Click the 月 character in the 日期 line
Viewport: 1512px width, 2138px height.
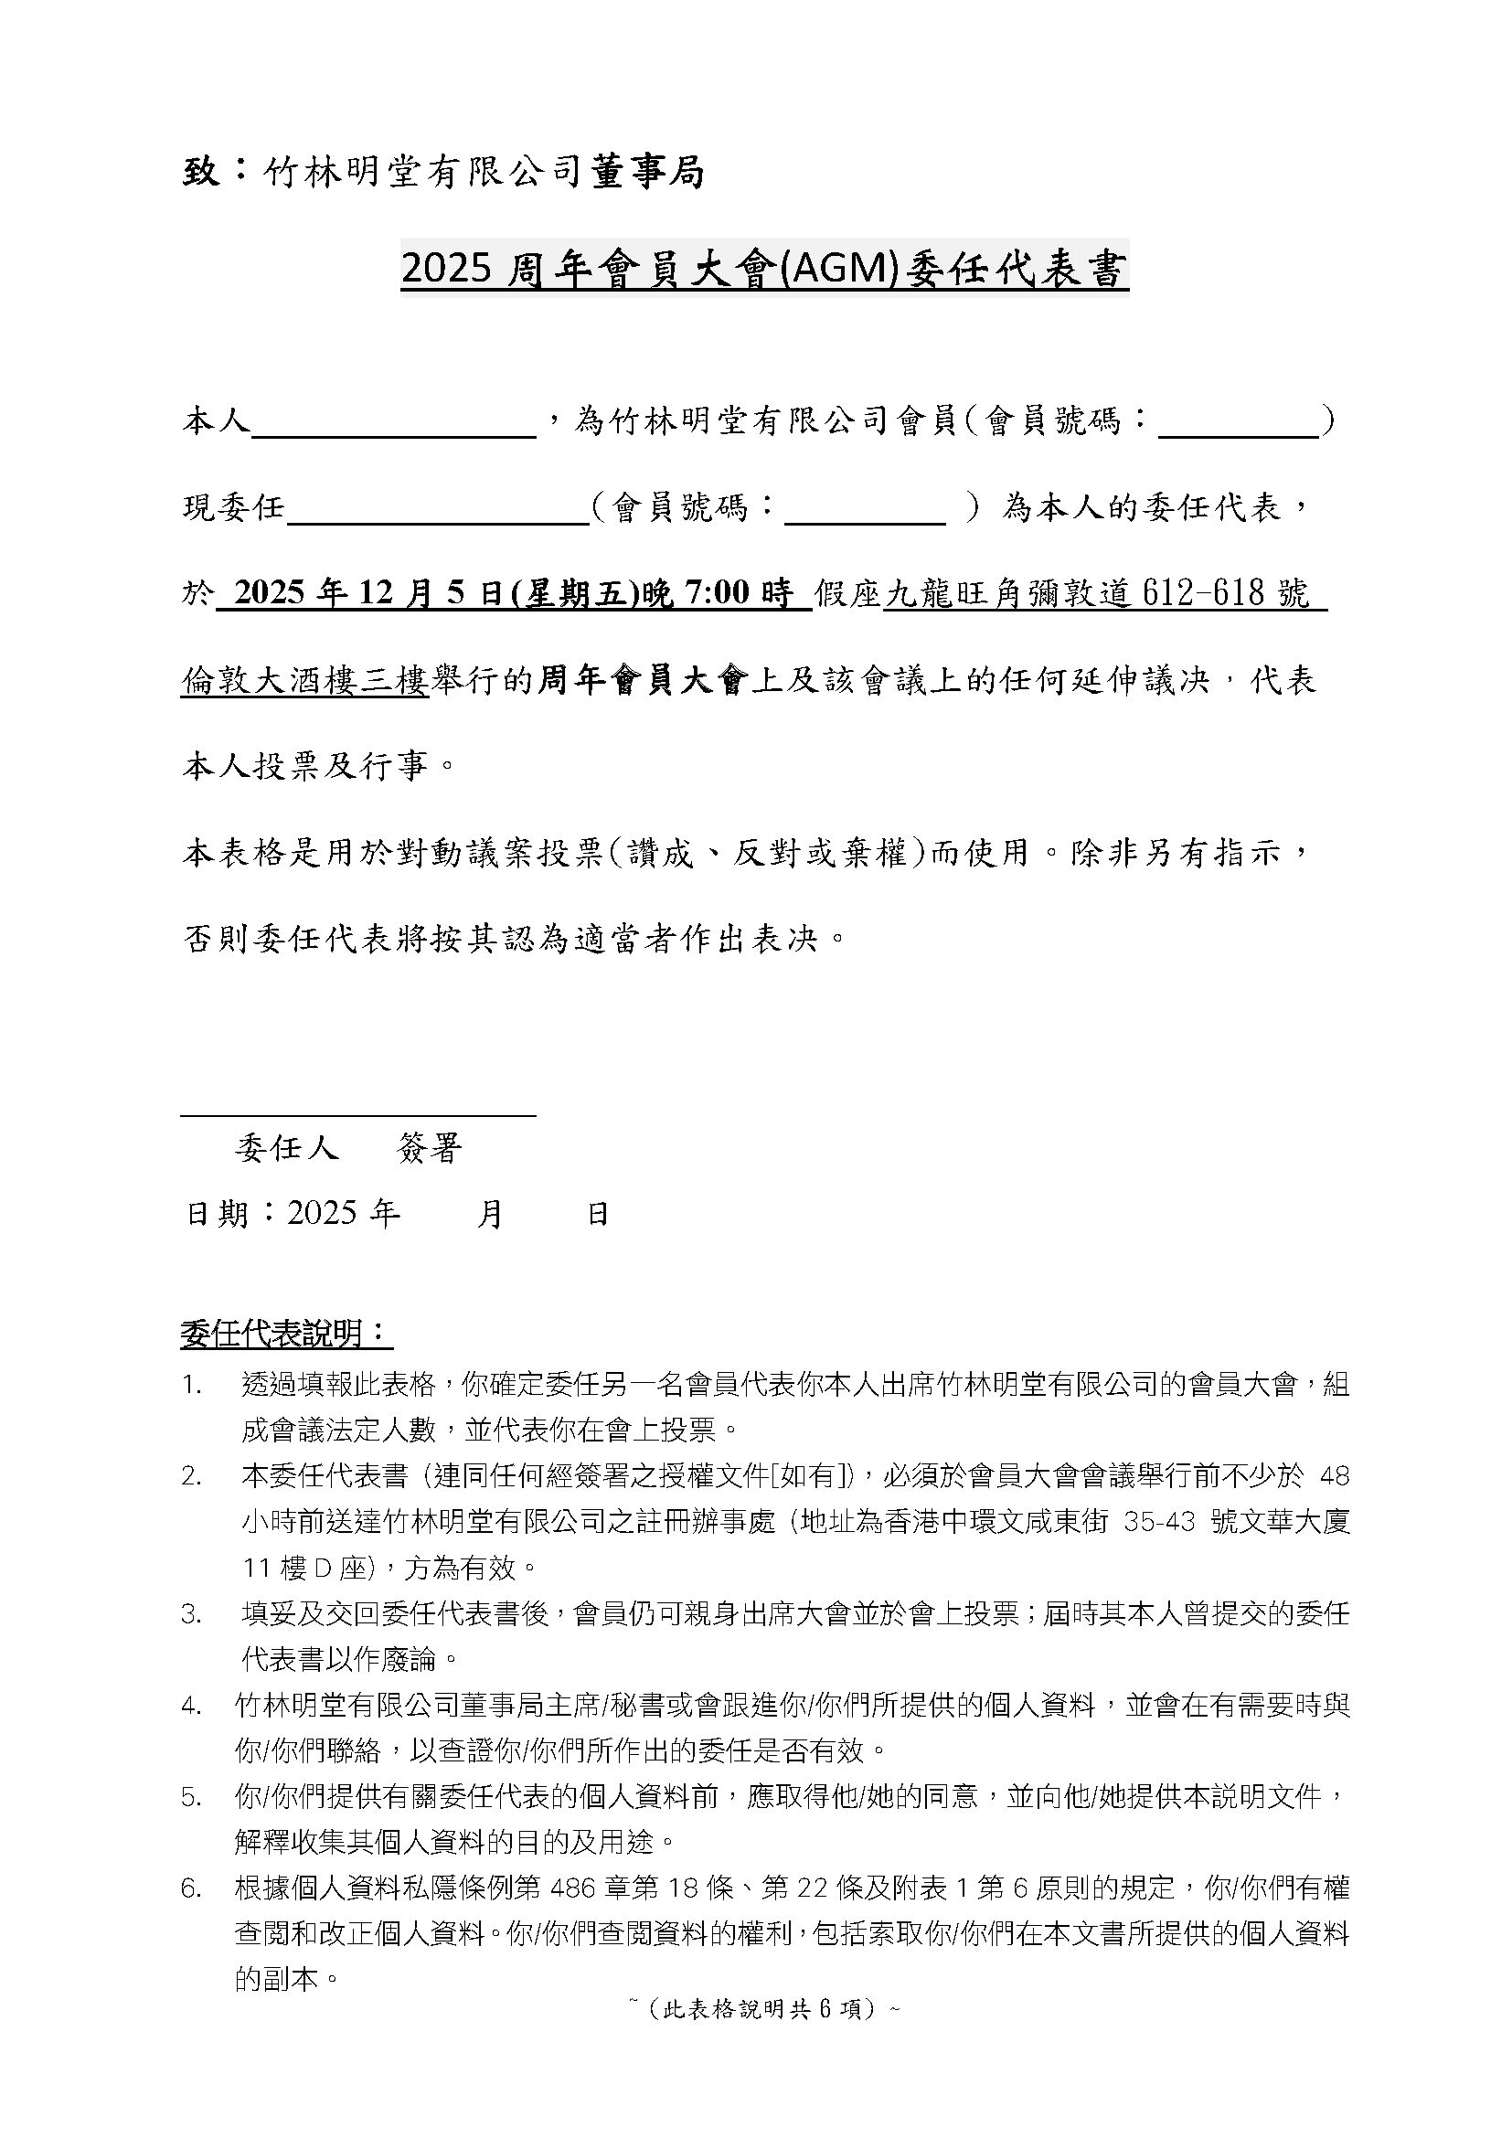[490, 1214]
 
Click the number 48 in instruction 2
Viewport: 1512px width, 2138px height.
[1335, 1476]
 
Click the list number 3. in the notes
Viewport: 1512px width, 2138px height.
[192, 1614]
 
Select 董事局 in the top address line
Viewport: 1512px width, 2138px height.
[648, 172]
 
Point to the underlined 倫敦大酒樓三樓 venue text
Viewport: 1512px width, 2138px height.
[304, 681]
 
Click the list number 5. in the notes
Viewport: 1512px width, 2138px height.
[192, 1797]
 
